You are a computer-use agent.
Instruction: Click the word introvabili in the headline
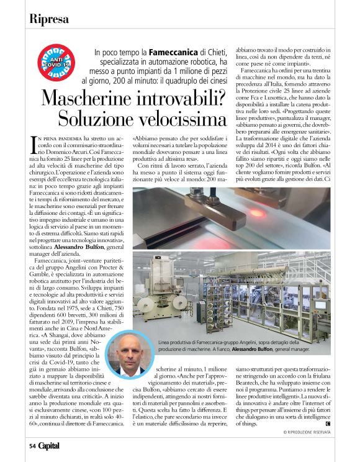182,98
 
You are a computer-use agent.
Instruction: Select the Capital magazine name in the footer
50,445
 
